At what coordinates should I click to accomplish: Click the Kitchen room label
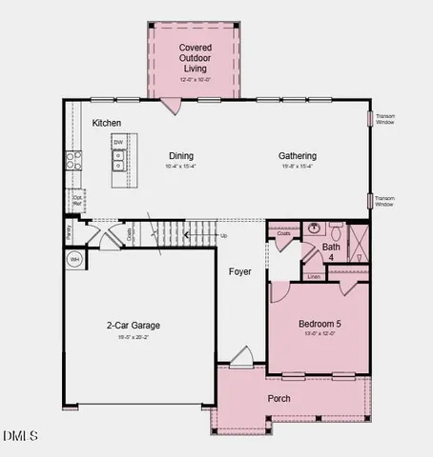click(x=107, y=124)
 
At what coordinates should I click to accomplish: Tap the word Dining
click(x=181, y=156)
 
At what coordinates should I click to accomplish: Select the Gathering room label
click(x=298, y=156)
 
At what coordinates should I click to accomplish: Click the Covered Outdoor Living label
click(x=195, y=57)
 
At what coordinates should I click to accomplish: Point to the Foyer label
click(x=240, y=272)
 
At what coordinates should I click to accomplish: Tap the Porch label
click(x=278, y=398)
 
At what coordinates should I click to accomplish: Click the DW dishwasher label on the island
click(x=119, y=143)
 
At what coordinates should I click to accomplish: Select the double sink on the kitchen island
click(x=119, y=162)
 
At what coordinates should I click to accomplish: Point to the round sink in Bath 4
click(x=314, y=228)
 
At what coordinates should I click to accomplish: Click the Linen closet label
click(x=314, y=277)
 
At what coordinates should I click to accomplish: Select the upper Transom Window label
click(x=385, y=120)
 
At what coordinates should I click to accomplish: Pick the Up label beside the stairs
click(x=224, y=236)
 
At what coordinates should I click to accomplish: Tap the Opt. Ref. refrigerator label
click(x=75, y=202)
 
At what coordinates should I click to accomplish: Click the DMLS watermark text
click(x=21, y=436)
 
